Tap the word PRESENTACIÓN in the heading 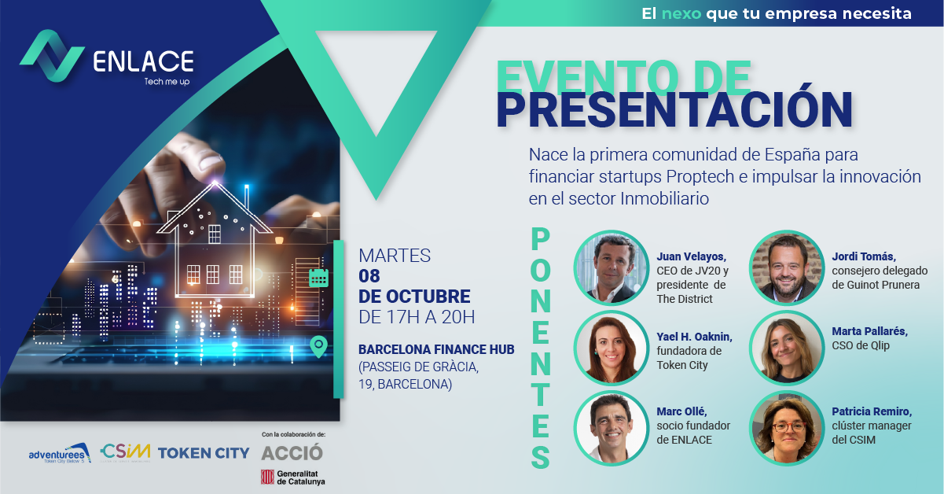click(674, 111)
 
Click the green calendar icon click(318, 277)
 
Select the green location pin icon click(318, 346)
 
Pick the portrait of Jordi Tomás click(787, 267)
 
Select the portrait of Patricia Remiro click(787, 428)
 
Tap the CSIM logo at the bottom click(125, 452)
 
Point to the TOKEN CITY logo click(204, 452)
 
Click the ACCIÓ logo click(292, 453)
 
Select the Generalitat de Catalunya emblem click(267, 477)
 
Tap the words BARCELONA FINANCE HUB click(436, 348)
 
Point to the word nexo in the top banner click(681, 13)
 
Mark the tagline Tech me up click(167, 81)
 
